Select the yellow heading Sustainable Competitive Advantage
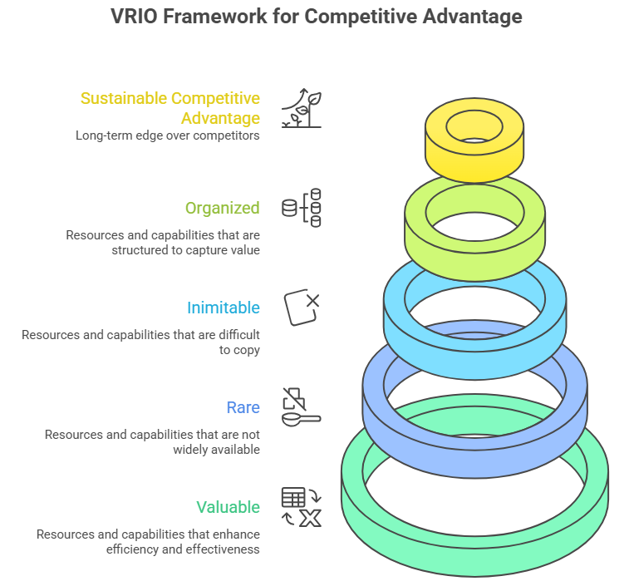click(170, 108)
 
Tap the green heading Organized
click(222, 208)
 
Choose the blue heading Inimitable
click(223, 308)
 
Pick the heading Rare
click(243, 407)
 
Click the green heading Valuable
click(228, 507)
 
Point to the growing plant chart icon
click(301, 108)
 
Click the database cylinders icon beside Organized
click(301, 208)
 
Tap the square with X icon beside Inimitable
click(301, 308)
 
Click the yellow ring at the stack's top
click(474, 158)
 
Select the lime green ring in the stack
click(474, 249)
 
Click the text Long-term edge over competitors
click(167, 135)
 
